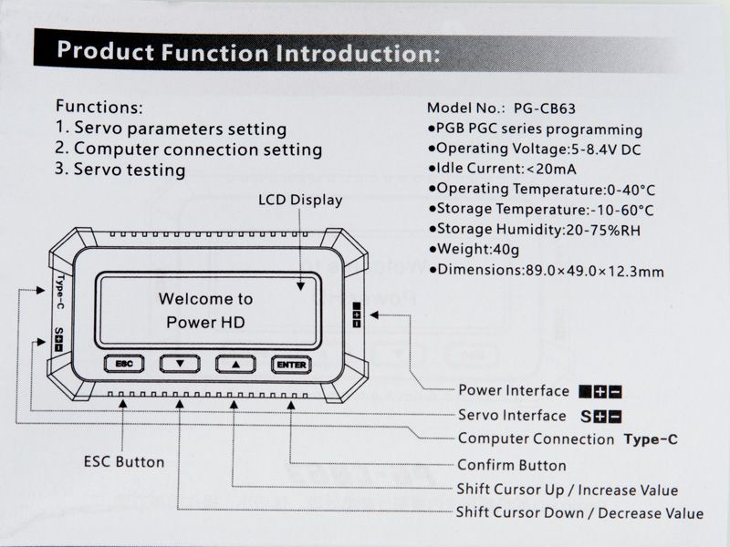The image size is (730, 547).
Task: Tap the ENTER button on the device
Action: pos(291,364)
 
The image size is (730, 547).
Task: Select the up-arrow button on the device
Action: pos(235,363)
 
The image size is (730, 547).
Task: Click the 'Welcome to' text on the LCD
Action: pos(205,298)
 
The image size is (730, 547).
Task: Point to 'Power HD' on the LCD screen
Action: pos(205,323)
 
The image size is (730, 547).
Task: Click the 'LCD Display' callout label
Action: pos(300,200)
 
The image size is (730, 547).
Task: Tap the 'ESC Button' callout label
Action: pos(124,461)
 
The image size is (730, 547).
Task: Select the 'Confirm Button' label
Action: pos(512,465)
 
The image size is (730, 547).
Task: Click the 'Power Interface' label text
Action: pos(514,391)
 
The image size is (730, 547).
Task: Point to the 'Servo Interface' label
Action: pos(512,416)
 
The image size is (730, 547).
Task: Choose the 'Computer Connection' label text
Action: pos(536,439)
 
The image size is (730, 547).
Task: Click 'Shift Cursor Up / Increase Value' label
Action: pos(567,490)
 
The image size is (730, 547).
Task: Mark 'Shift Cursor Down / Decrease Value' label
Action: pos(579,513)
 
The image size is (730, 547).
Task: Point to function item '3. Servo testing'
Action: pos(120,170)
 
